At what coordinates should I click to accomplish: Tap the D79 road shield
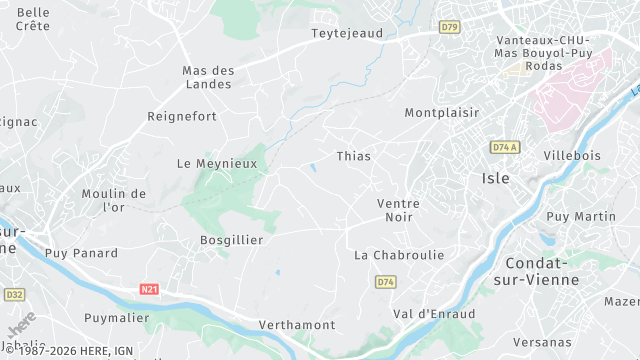[450, 27]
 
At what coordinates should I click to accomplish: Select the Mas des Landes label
[207, 77]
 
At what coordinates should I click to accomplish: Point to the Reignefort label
[182, 117]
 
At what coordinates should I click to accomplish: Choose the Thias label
[353, 156]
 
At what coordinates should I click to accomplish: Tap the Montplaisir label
[441, 113]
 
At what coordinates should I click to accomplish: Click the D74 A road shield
[506, 147]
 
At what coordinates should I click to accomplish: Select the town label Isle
[496, 178]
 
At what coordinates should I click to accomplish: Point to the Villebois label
[573, 156]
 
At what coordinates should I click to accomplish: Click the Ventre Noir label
[398, 210]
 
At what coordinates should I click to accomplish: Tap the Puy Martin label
[581, 216]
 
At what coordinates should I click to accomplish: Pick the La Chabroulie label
[399, 255]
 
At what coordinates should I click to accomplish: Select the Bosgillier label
[231, 240]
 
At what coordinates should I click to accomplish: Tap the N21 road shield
[149, 290]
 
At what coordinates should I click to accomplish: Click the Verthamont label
[296, 325]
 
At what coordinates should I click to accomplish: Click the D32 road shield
[14, 295]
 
